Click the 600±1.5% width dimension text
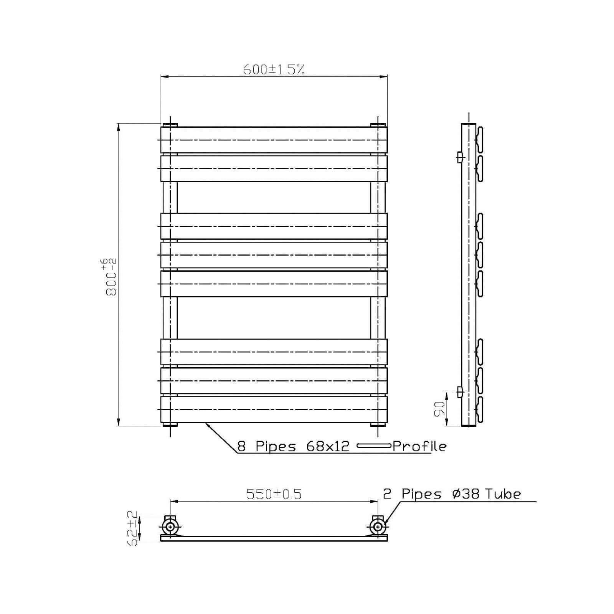(274, 69)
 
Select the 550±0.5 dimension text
(274, 494)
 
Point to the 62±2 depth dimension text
(132, 528)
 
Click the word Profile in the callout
(419, 446)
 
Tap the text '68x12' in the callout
(328, 446)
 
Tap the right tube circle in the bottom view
(378, 527)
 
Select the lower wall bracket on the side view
(460, 392)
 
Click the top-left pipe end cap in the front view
(170, 125)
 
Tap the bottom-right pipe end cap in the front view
(378, 424)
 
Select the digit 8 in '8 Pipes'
(241, 446)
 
